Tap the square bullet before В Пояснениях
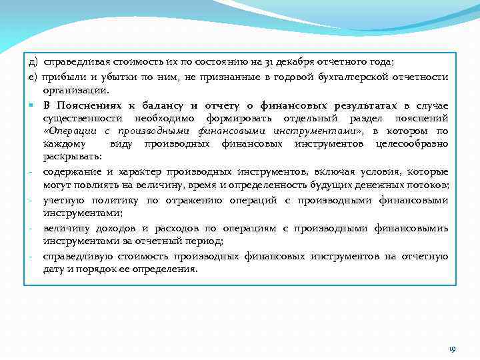31,105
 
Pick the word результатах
357,105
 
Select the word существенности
79,118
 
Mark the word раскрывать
72,156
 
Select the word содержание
71,171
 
